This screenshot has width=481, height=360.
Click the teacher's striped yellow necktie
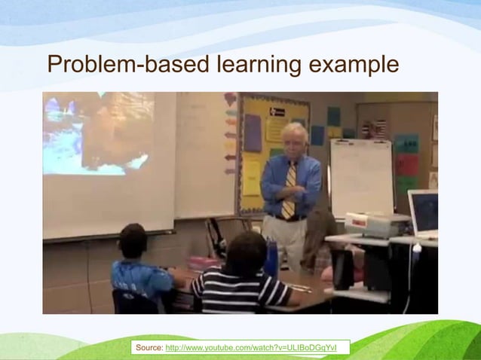[289, 191]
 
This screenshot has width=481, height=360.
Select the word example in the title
[354, 66]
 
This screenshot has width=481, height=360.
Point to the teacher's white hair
[294, 131]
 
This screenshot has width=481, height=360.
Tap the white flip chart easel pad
[361, 176]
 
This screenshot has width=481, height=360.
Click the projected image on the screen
[98, 133]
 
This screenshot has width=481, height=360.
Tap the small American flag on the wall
[378, 128]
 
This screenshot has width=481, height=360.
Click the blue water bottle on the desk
[271, 259]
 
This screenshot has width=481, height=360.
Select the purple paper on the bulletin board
[253, 133]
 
